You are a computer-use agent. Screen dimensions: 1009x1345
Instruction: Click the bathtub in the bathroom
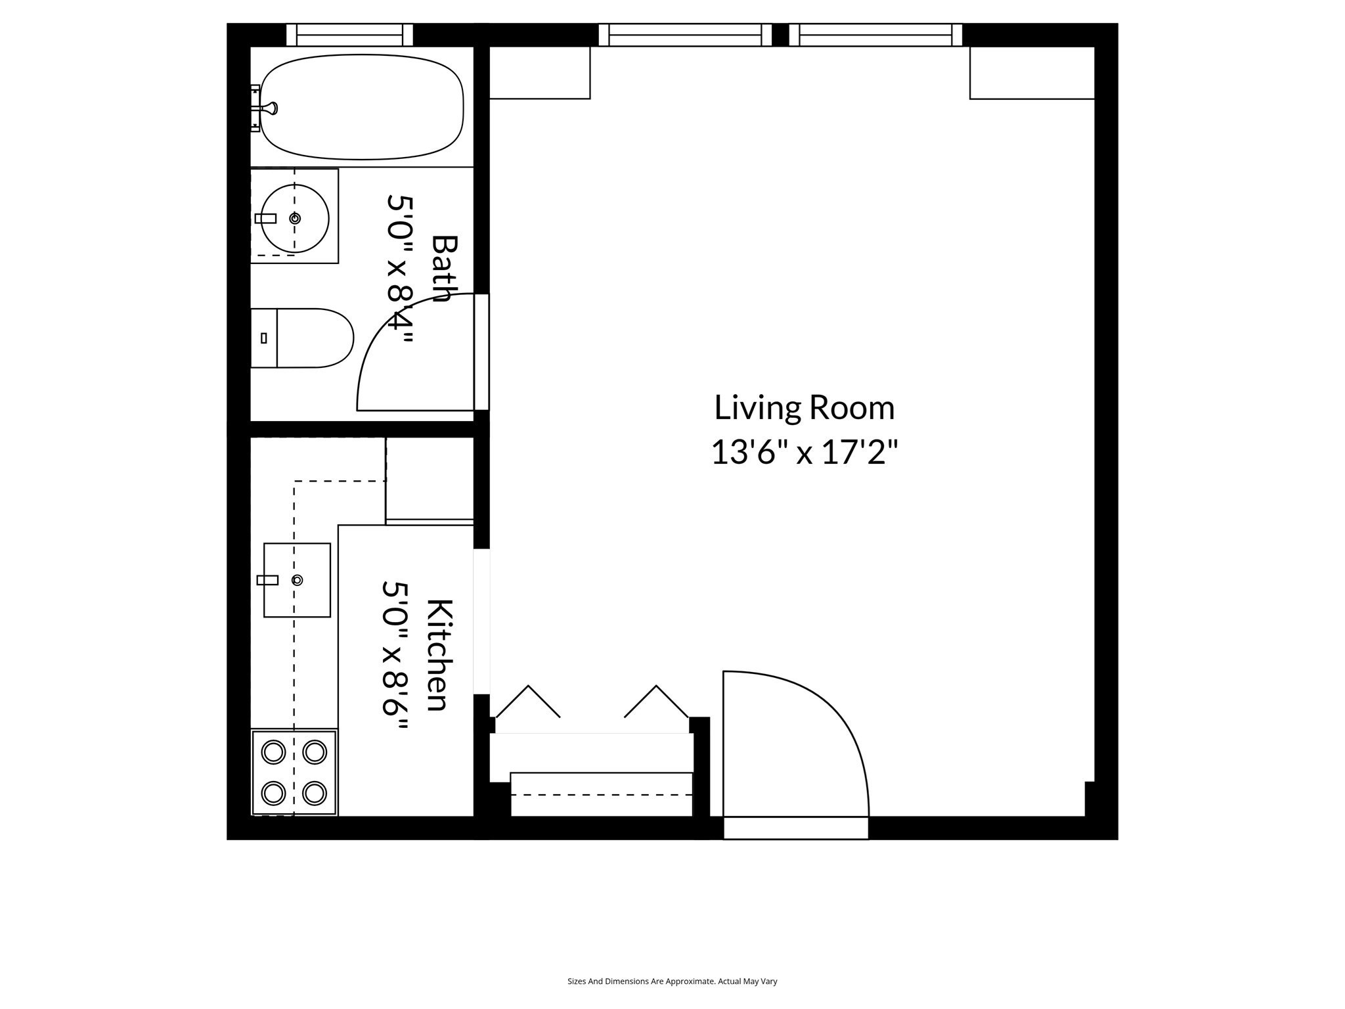(x=361, y=107)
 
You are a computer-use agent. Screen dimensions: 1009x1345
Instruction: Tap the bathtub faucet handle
(x=270, y=108)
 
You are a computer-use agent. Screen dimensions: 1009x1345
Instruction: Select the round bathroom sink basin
(x=295, y=218)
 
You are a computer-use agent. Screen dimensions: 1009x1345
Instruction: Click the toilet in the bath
(x=302, y=338)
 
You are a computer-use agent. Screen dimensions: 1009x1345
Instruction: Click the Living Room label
(x=804, y=407)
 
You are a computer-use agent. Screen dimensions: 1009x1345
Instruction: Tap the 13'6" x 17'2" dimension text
(x=804, y=453)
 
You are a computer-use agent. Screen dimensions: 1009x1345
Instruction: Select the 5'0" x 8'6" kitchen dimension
(x=396, y=656)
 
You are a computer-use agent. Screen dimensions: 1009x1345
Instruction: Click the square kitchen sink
(x=297, y=580)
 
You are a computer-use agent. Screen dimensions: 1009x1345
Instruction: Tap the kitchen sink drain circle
(x=298, y=580)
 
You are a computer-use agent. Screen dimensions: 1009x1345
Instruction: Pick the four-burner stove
(x=294, y=773)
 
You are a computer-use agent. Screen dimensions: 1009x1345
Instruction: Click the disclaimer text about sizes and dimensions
(x=672, y=981)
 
